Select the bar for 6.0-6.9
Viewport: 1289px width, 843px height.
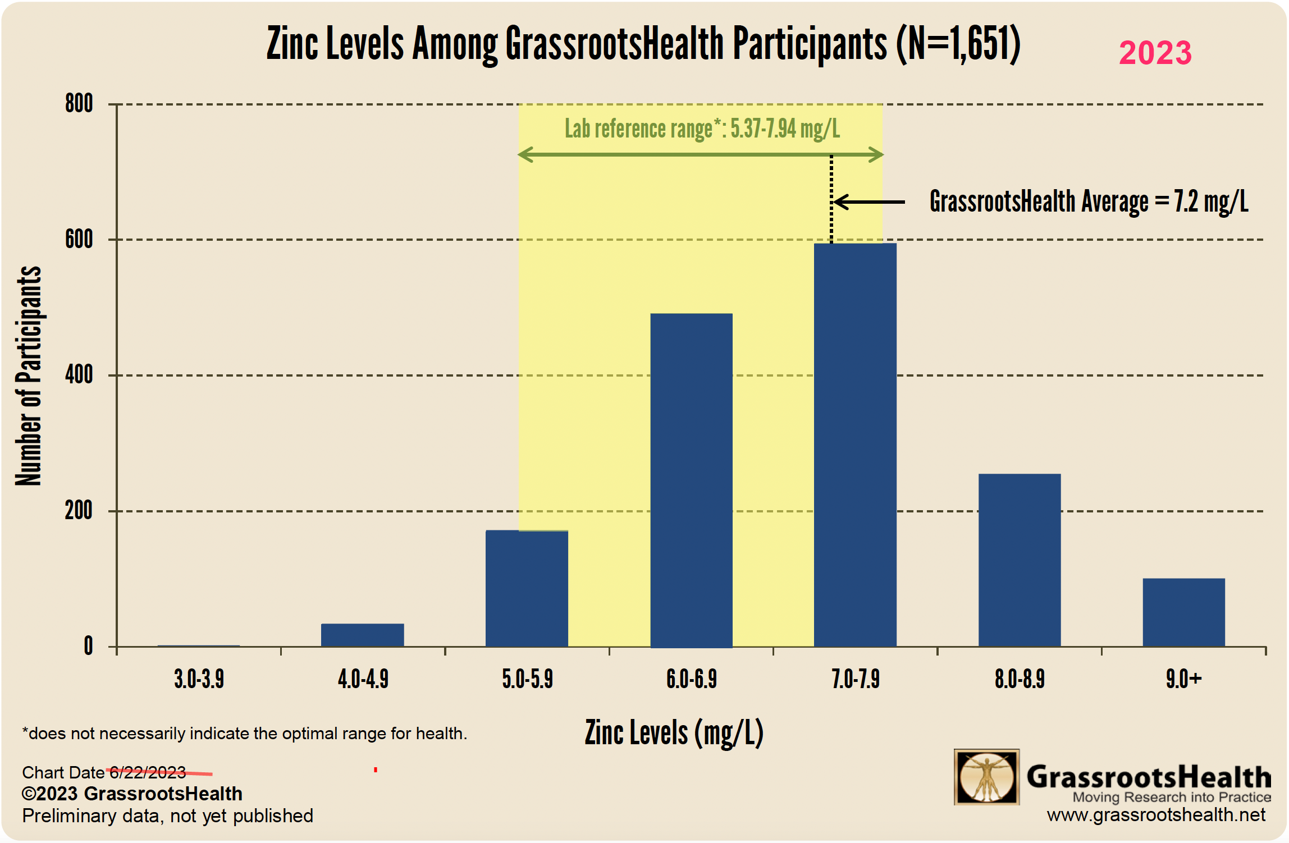coord(691,480)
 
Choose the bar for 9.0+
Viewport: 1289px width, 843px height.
coord(1183,612)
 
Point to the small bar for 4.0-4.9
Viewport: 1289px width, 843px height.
coord(362,635)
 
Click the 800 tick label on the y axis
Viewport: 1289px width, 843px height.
coord(79,104)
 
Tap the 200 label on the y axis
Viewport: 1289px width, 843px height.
coord(79,511)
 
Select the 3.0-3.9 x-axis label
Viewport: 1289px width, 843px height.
coord(199,679)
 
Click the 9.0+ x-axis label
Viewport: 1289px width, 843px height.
coord(1183,679)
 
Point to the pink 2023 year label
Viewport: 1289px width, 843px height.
coord(1155,53)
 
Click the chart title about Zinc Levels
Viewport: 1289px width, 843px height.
coord(643,44)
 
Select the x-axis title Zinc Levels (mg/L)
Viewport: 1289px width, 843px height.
coord(674,733)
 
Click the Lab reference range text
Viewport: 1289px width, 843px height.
coord(702,129)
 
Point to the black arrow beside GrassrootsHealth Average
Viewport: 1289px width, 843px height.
coord(869,202)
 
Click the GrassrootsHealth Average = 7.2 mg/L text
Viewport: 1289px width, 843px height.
coord(1089,202)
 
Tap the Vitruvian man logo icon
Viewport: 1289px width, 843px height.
coord(986,777)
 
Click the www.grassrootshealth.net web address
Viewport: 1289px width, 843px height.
coord(1156,815)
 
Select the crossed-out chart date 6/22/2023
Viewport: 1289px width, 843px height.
coord(148,773)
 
